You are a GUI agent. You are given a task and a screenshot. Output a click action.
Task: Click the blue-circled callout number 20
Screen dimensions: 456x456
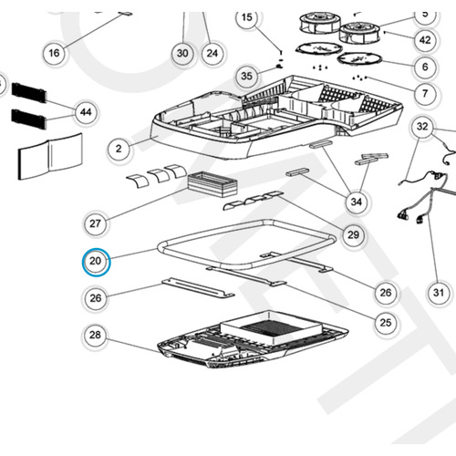coord(96,262)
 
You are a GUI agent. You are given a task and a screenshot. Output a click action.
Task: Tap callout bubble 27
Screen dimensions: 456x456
coord(95,223)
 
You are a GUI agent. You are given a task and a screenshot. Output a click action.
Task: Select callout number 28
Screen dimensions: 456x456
coord(95,335)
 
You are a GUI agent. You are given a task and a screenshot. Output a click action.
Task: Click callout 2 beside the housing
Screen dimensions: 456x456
coord(119,149)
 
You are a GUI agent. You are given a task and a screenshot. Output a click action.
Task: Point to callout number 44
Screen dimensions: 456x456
coord(86,112)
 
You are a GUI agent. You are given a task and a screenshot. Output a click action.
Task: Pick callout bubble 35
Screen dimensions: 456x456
coord(246,76)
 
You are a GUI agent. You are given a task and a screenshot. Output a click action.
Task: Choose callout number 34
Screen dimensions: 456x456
coord(357,202)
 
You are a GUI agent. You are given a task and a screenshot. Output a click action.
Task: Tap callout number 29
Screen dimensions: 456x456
coord(353,234)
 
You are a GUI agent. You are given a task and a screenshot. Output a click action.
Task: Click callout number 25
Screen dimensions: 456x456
coord(386,322)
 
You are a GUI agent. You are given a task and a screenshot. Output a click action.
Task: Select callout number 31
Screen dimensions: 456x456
coord(439,293)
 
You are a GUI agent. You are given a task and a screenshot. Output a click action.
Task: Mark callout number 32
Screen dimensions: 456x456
coord(422,127)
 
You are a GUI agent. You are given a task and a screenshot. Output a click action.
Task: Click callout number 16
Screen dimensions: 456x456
coord(54,53)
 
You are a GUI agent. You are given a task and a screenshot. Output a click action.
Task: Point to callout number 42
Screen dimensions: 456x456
coord(425,40)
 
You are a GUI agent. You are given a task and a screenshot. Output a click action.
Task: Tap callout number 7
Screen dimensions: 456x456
coord(425,93)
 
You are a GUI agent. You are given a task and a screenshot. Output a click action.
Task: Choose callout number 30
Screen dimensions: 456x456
coord(182,53)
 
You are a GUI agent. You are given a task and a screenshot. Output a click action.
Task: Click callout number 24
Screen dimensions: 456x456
coord(212,53)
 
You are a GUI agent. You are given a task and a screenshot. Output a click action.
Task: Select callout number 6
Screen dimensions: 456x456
coord(425,67)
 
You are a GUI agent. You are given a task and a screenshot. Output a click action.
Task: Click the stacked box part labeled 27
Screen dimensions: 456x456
coord(212,184)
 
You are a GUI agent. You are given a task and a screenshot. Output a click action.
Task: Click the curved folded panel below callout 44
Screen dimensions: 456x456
coord(50,156)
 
